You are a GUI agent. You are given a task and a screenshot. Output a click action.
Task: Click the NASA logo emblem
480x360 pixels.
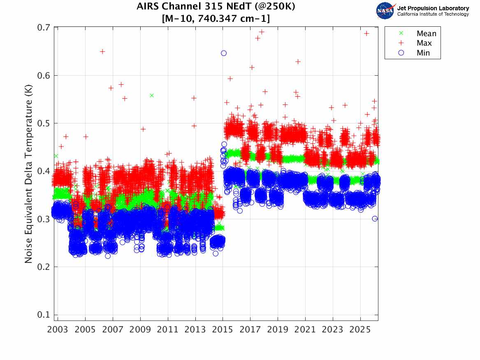tap(385, 11)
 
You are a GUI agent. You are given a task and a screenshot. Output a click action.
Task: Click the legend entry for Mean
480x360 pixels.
tap(426, 34)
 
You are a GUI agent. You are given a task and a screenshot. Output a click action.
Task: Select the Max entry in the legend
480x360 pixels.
tap(424, 43)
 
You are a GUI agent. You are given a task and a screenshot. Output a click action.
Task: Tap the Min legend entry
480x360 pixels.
tap(423, 53)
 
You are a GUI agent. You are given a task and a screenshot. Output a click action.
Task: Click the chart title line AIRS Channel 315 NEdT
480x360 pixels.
tap(216, 7)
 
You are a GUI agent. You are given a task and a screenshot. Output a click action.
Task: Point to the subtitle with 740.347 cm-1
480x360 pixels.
tap(216, 19)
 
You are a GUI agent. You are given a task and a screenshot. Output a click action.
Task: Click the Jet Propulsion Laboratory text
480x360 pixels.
tap(433, 8)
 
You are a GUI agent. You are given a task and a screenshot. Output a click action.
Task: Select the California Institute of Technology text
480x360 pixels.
tap(433, 14)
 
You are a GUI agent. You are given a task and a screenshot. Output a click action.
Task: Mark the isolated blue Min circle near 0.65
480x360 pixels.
tap(224, 53)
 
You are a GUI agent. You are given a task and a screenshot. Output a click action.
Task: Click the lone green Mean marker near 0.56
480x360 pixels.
tap(152, 95)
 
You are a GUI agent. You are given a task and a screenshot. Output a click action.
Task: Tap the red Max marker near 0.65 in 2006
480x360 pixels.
tap(102, 51)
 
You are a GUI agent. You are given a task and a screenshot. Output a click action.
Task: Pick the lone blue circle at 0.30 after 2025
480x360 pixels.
tap(375, 218)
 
